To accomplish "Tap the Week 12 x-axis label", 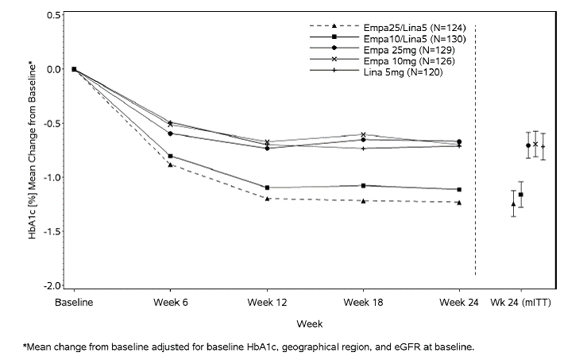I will pyautogui.click(x=266, y=303).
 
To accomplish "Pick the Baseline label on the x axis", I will pyautogui.click(x=74, y=303).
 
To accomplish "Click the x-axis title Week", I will pyautogui.click(x=309, y=323).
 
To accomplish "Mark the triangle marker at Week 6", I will pyautogui.click(x=170, y=165).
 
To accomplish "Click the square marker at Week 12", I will pyautogui.click(x=267, y=188).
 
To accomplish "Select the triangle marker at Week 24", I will pyautogui.click(x=459, y=203).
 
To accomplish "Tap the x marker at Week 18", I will pyautogui.click(x=363, y=135).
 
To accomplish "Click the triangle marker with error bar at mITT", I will pyautogui.click(x=513, y=204).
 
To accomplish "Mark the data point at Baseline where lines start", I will pyautogui.click(x=74, y=69).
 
